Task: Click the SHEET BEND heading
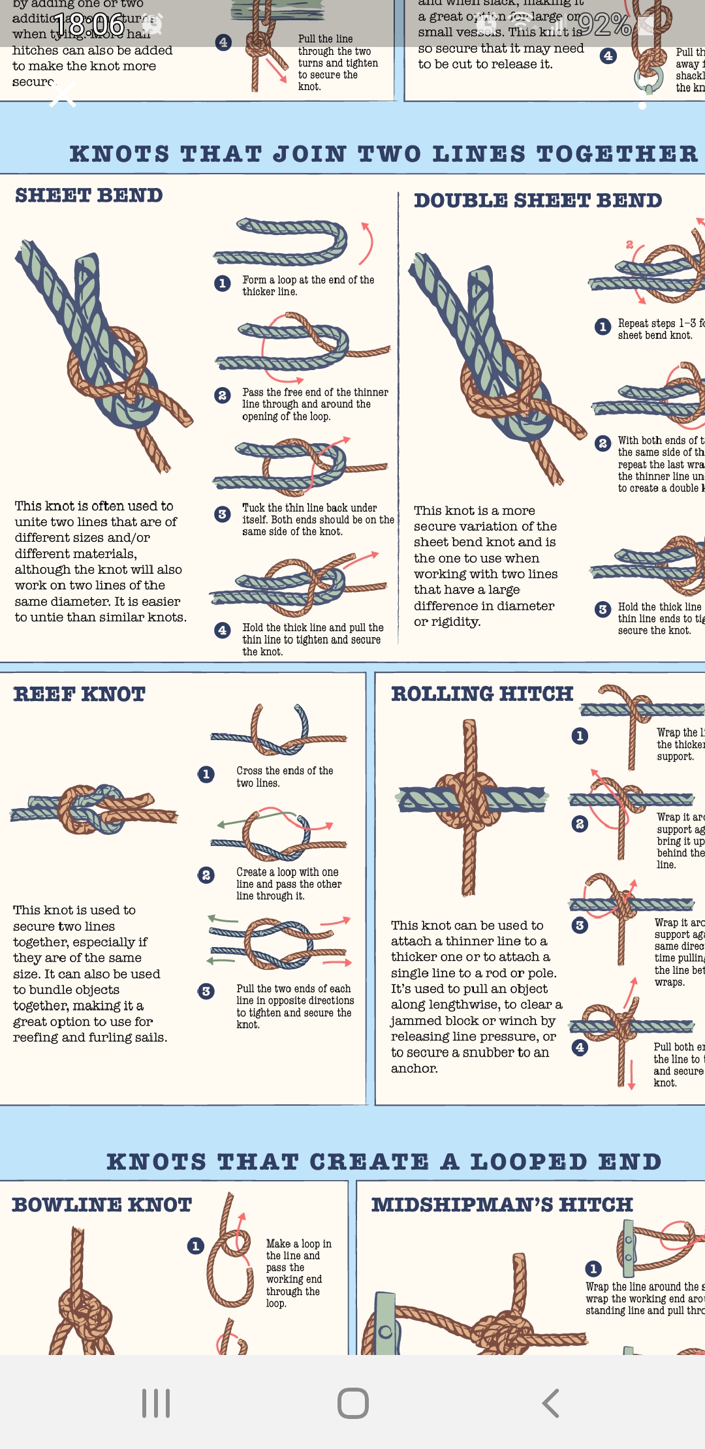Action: pos(89,195)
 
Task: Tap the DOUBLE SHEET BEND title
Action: pos(538,200)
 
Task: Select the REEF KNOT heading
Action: pos(79,694)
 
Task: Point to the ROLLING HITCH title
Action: pos(482,693)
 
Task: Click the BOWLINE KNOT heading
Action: pos(102,1204)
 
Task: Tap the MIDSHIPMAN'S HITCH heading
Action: pos(502,1204)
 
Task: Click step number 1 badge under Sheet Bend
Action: pos(222,283)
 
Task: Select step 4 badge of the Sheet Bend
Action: pos(222,630)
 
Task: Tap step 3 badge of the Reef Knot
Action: pos(206,991)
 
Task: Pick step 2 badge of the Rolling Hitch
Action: pos(580,824)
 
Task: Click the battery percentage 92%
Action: pos(604,25)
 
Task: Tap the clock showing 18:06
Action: pos(89,25)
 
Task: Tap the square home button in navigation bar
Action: pos(353,1403)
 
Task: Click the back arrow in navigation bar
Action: pos(550,1403)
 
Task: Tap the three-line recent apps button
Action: pos(156,1403)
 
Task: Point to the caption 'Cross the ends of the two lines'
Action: pos(285,777)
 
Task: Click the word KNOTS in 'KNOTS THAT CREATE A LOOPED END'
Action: pos(156,1162)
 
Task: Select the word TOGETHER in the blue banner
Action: pos(617,154)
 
